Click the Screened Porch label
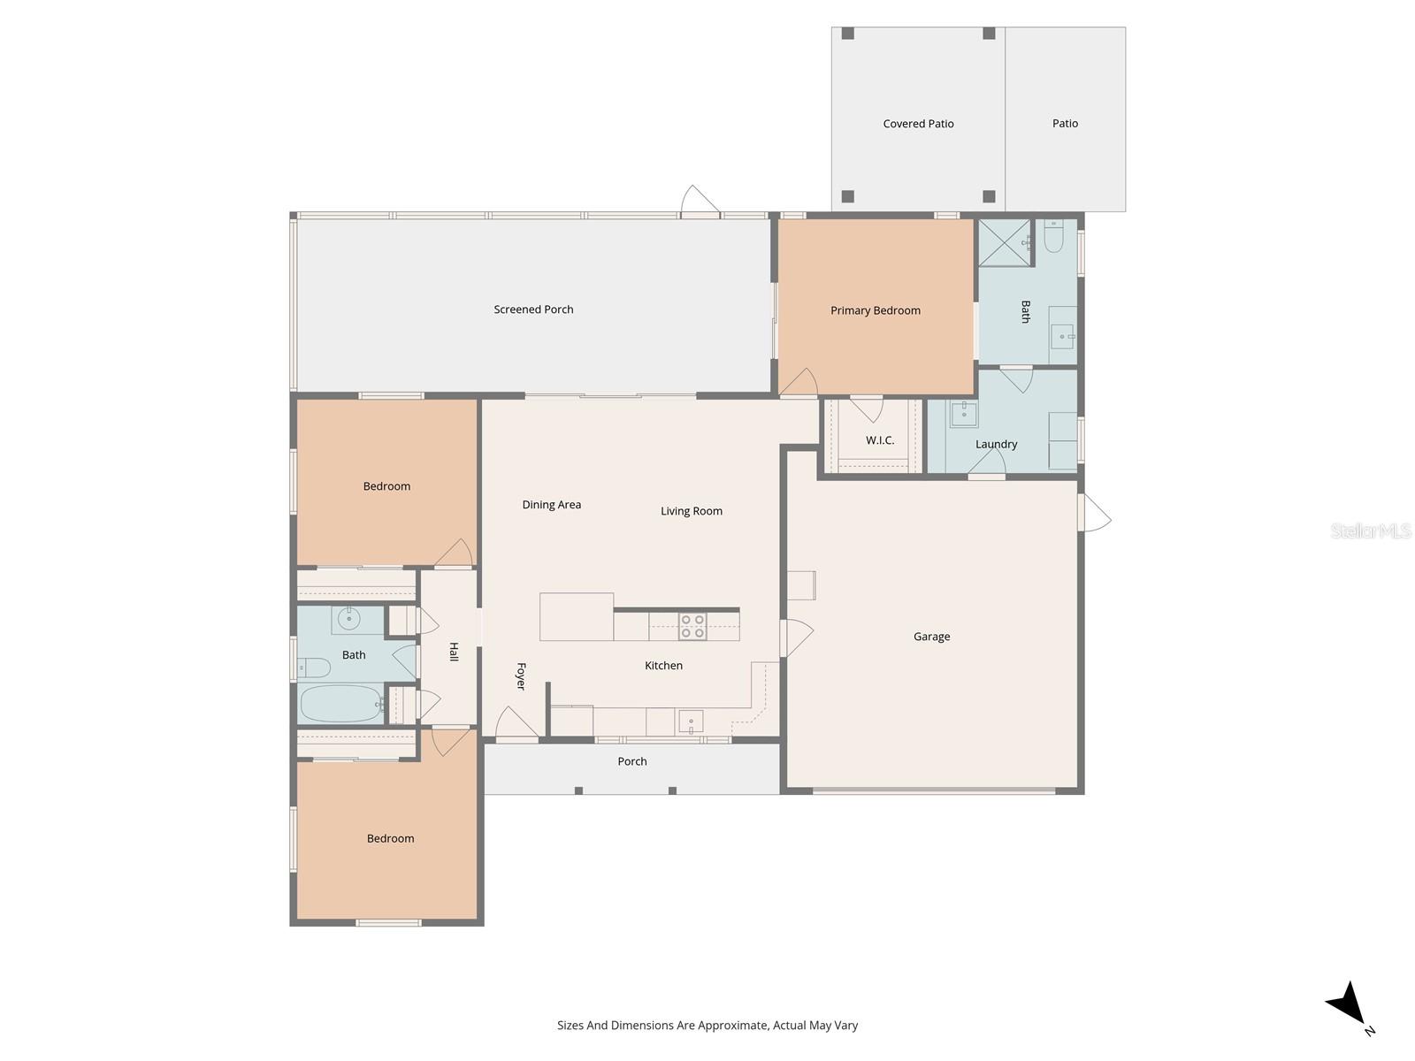click(533, 309)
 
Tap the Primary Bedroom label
click(875, 310)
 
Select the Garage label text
click(931, 637)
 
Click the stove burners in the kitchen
click(692, 626)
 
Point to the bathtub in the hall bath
click(340, 704)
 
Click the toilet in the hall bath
click(313, 667)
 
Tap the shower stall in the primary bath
click(1004, 242)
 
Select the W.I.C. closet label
click(879, 440)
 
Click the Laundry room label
click(996, 445)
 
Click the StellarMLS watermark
click(1370, 531)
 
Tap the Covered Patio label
click(918, 124)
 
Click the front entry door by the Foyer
click(516, 725)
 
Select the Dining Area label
click(551, 505)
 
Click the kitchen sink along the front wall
click(691, 721)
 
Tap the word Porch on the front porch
click(631, 761)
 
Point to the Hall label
click(454, 652)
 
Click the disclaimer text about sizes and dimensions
click(707, 1026)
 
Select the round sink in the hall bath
click(348, 619)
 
